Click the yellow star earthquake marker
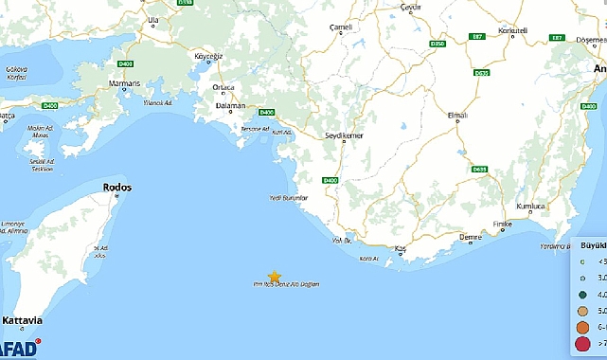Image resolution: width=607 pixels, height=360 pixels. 275,276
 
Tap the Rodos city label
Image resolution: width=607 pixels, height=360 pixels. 116,188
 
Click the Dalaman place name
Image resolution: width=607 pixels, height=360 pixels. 229,107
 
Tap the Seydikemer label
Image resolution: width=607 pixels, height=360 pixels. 345,135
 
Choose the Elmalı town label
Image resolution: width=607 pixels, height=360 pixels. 457,115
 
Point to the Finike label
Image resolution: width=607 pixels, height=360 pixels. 502,225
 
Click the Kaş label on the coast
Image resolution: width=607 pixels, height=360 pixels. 401,248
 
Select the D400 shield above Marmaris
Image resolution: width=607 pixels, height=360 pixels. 125,63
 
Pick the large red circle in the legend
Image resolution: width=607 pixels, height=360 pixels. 581,343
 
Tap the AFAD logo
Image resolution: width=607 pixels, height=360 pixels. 19,350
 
